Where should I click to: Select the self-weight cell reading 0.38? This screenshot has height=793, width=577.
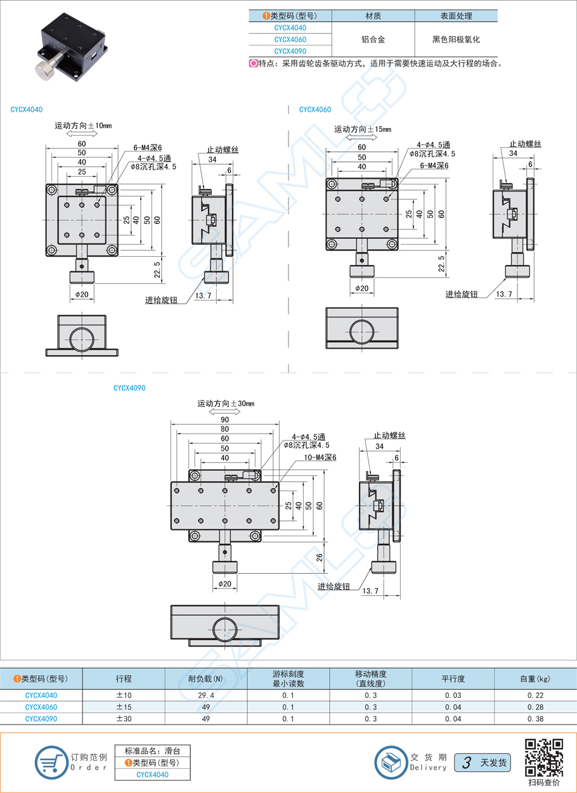point(535,719)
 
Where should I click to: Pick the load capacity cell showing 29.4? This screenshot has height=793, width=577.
point(206,695)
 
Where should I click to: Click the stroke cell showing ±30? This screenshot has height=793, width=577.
point(124,719)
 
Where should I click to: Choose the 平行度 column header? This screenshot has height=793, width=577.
point(453,679)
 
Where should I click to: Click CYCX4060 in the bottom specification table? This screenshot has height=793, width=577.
point(41,707)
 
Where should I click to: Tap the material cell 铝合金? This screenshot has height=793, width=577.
point(373,39)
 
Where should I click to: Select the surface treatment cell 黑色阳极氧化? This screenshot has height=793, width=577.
point(456,39)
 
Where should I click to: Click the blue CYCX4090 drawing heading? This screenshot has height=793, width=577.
point(129,387)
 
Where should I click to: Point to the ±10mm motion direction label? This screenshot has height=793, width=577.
point(83,126)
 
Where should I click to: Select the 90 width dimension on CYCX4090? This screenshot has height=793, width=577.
point(224,420)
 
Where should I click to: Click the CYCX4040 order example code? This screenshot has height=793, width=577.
point(152,775)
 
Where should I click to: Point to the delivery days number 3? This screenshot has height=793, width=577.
point(467,763)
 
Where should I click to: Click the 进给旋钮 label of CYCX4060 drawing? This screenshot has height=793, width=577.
point(461,294)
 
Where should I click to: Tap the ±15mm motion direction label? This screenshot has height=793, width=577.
point(363,129)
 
